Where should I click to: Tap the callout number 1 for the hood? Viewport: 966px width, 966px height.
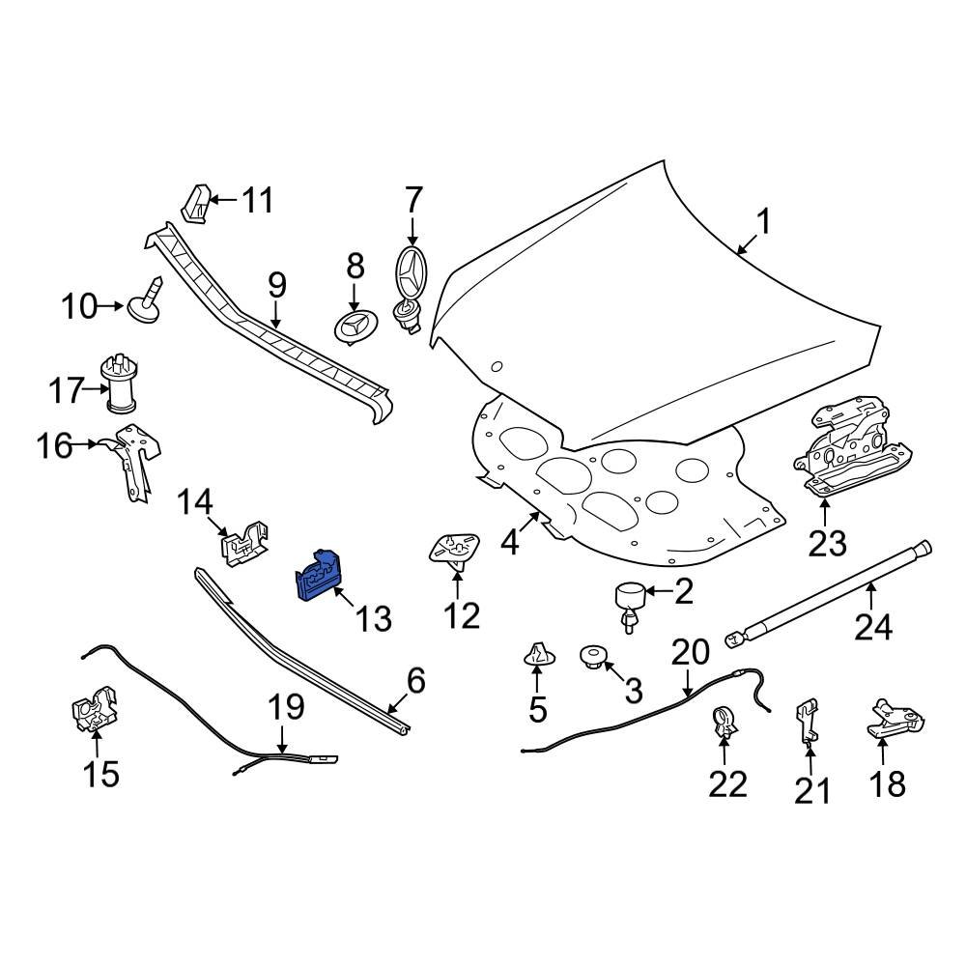click(x=763, y=224)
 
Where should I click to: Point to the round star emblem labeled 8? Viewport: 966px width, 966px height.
click(x=354, y=326)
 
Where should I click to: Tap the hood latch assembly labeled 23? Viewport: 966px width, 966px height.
click(x=850, y=454)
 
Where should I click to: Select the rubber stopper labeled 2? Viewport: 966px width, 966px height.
click(x=631, y=600)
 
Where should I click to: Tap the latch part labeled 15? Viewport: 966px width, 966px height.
click(x=94, y=712)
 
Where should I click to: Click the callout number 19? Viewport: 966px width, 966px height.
click(x=285, y=707)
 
